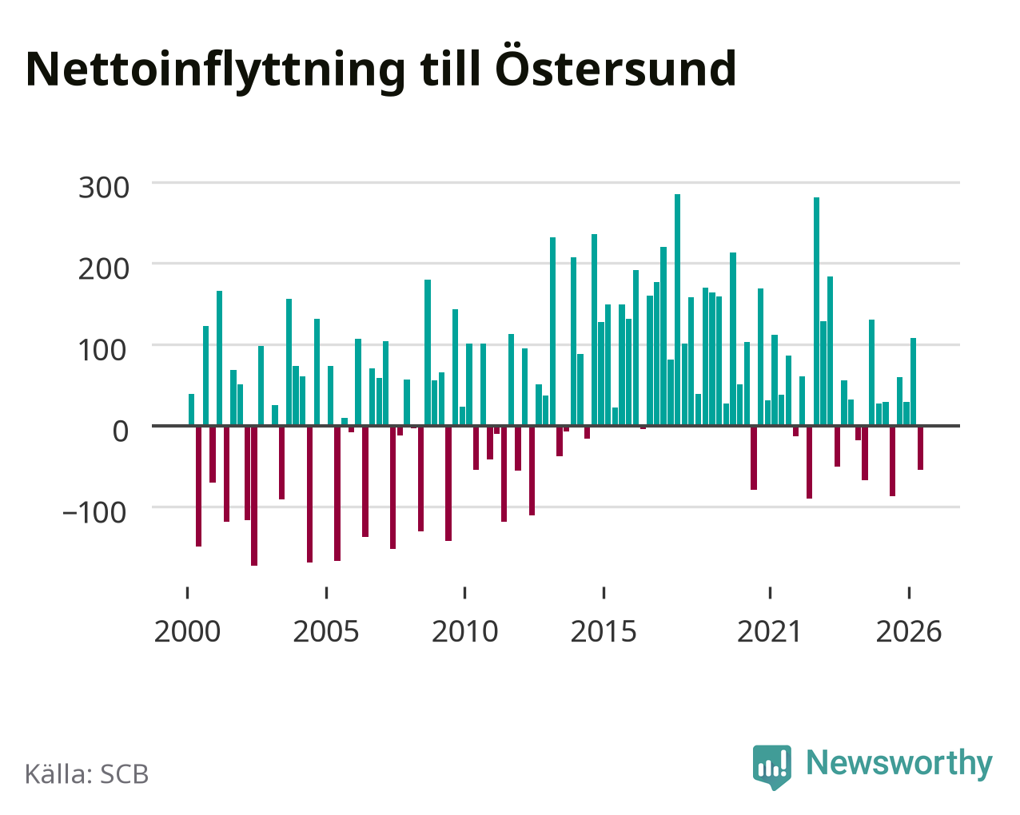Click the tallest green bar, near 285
point(677,310)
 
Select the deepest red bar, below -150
point(254,496)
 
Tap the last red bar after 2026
point(920,448)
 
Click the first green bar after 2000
point(192,410)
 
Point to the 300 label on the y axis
point(104,188)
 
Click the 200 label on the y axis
point(104,269)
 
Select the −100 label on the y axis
point(94,513)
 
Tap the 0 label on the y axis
point(121,432)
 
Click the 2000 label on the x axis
point(187,632)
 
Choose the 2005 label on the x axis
point(326,632)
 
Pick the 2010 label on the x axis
point(464,632)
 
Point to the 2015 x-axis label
point(604,632)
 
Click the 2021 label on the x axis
point(770,632)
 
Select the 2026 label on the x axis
point(909,632)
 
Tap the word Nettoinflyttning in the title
point(216,71)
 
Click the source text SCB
point(125,775)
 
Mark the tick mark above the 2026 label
point(909,593)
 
